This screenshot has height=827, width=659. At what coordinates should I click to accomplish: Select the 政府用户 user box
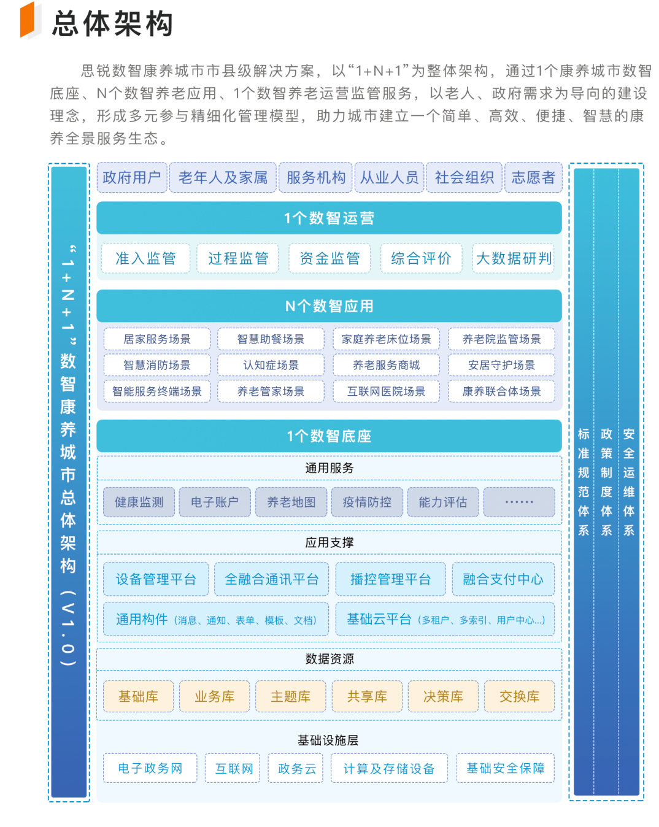132,177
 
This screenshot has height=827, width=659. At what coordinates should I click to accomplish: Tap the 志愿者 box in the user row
533,177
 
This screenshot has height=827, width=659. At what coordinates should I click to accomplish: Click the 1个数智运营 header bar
329,218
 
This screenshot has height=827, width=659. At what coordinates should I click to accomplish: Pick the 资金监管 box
329,258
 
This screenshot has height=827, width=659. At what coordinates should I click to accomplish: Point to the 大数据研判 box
514,258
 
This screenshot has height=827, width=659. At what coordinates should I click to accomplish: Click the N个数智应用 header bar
329,306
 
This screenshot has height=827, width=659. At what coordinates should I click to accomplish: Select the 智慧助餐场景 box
271,339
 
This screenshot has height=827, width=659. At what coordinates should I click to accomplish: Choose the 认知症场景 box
271,365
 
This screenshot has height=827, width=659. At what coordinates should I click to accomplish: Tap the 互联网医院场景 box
386,391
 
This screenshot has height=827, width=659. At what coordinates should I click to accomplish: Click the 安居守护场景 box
501,365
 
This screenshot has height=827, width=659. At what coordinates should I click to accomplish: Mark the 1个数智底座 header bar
329,436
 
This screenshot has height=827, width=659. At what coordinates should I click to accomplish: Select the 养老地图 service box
291,502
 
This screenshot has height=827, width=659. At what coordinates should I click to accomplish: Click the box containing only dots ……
519,502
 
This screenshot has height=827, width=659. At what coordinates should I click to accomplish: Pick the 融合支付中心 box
503,579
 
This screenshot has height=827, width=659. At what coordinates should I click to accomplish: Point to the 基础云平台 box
445,619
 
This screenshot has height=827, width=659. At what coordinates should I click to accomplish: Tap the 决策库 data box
443,696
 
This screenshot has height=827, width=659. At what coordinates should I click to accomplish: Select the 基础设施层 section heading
328,740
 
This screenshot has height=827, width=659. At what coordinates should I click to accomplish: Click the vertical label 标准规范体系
584,482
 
